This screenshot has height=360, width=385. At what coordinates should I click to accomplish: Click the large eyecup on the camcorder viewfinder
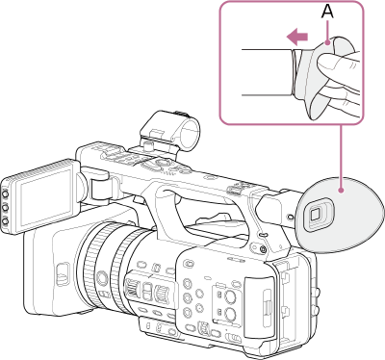(x=337, y=208)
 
